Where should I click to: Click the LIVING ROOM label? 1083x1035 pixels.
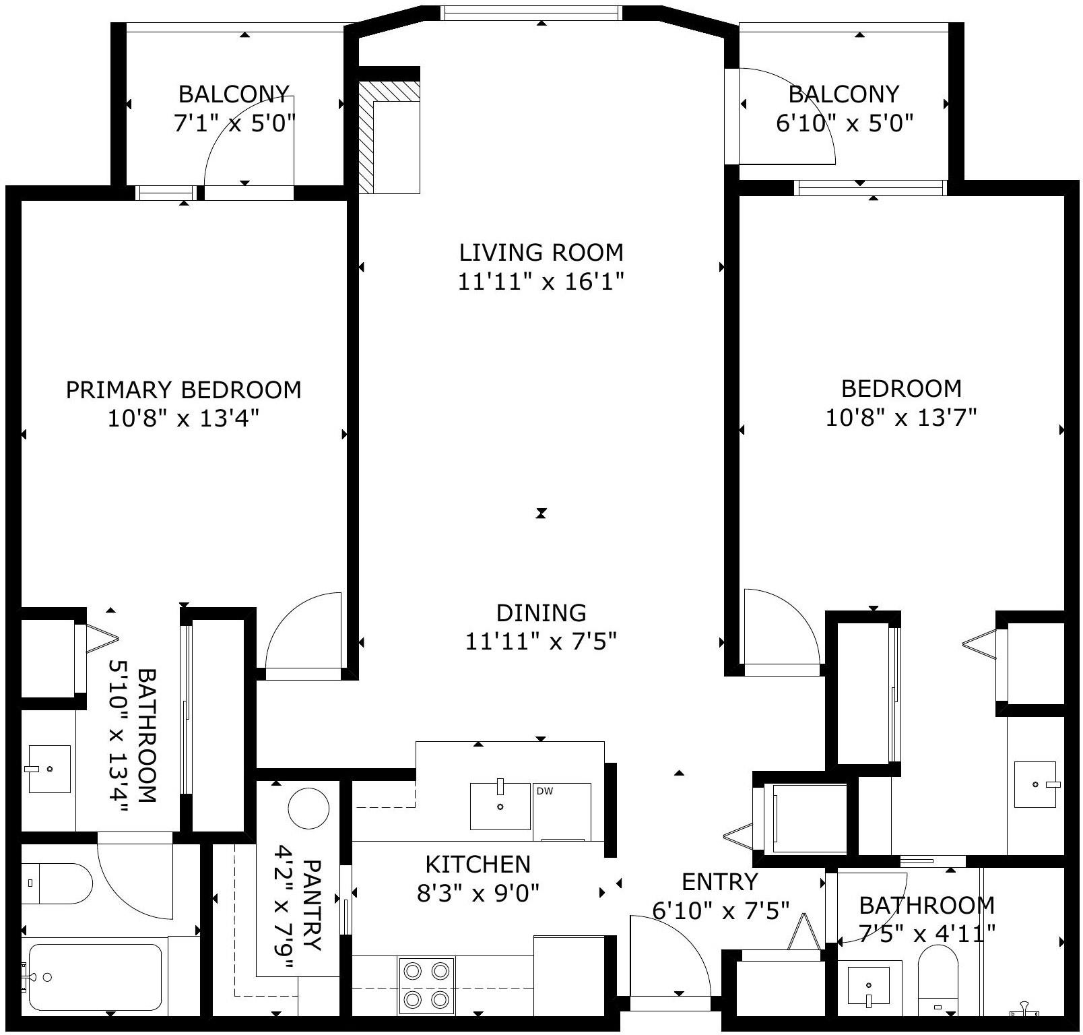[x=541, y=253]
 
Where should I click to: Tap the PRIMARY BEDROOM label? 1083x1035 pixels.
[x=183, y=390]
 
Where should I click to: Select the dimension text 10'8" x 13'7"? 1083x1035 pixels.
[x=901, y=418]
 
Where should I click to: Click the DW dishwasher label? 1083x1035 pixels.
[x=545, y=791]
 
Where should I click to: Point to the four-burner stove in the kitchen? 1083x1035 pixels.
[x=426, y=984]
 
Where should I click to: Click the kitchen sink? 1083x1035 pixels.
[x=500, y=806]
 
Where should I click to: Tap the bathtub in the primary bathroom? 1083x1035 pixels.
[x=95, y=977]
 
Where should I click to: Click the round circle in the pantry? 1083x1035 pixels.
[x=308, y=808]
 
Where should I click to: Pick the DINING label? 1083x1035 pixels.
[x=541, y=613]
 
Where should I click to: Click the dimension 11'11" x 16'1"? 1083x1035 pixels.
[x=541, y=281]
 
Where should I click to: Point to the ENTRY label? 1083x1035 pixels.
[x=720, y=881]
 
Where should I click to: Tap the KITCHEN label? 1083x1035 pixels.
[x=478, y=864]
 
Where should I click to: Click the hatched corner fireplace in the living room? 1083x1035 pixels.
[x=389, y=137]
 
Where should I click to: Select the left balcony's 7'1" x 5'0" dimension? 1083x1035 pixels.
[x=235, y=123]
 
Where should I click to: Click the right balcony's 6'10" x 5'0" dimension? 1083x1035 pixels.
[x=845, y=123]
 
